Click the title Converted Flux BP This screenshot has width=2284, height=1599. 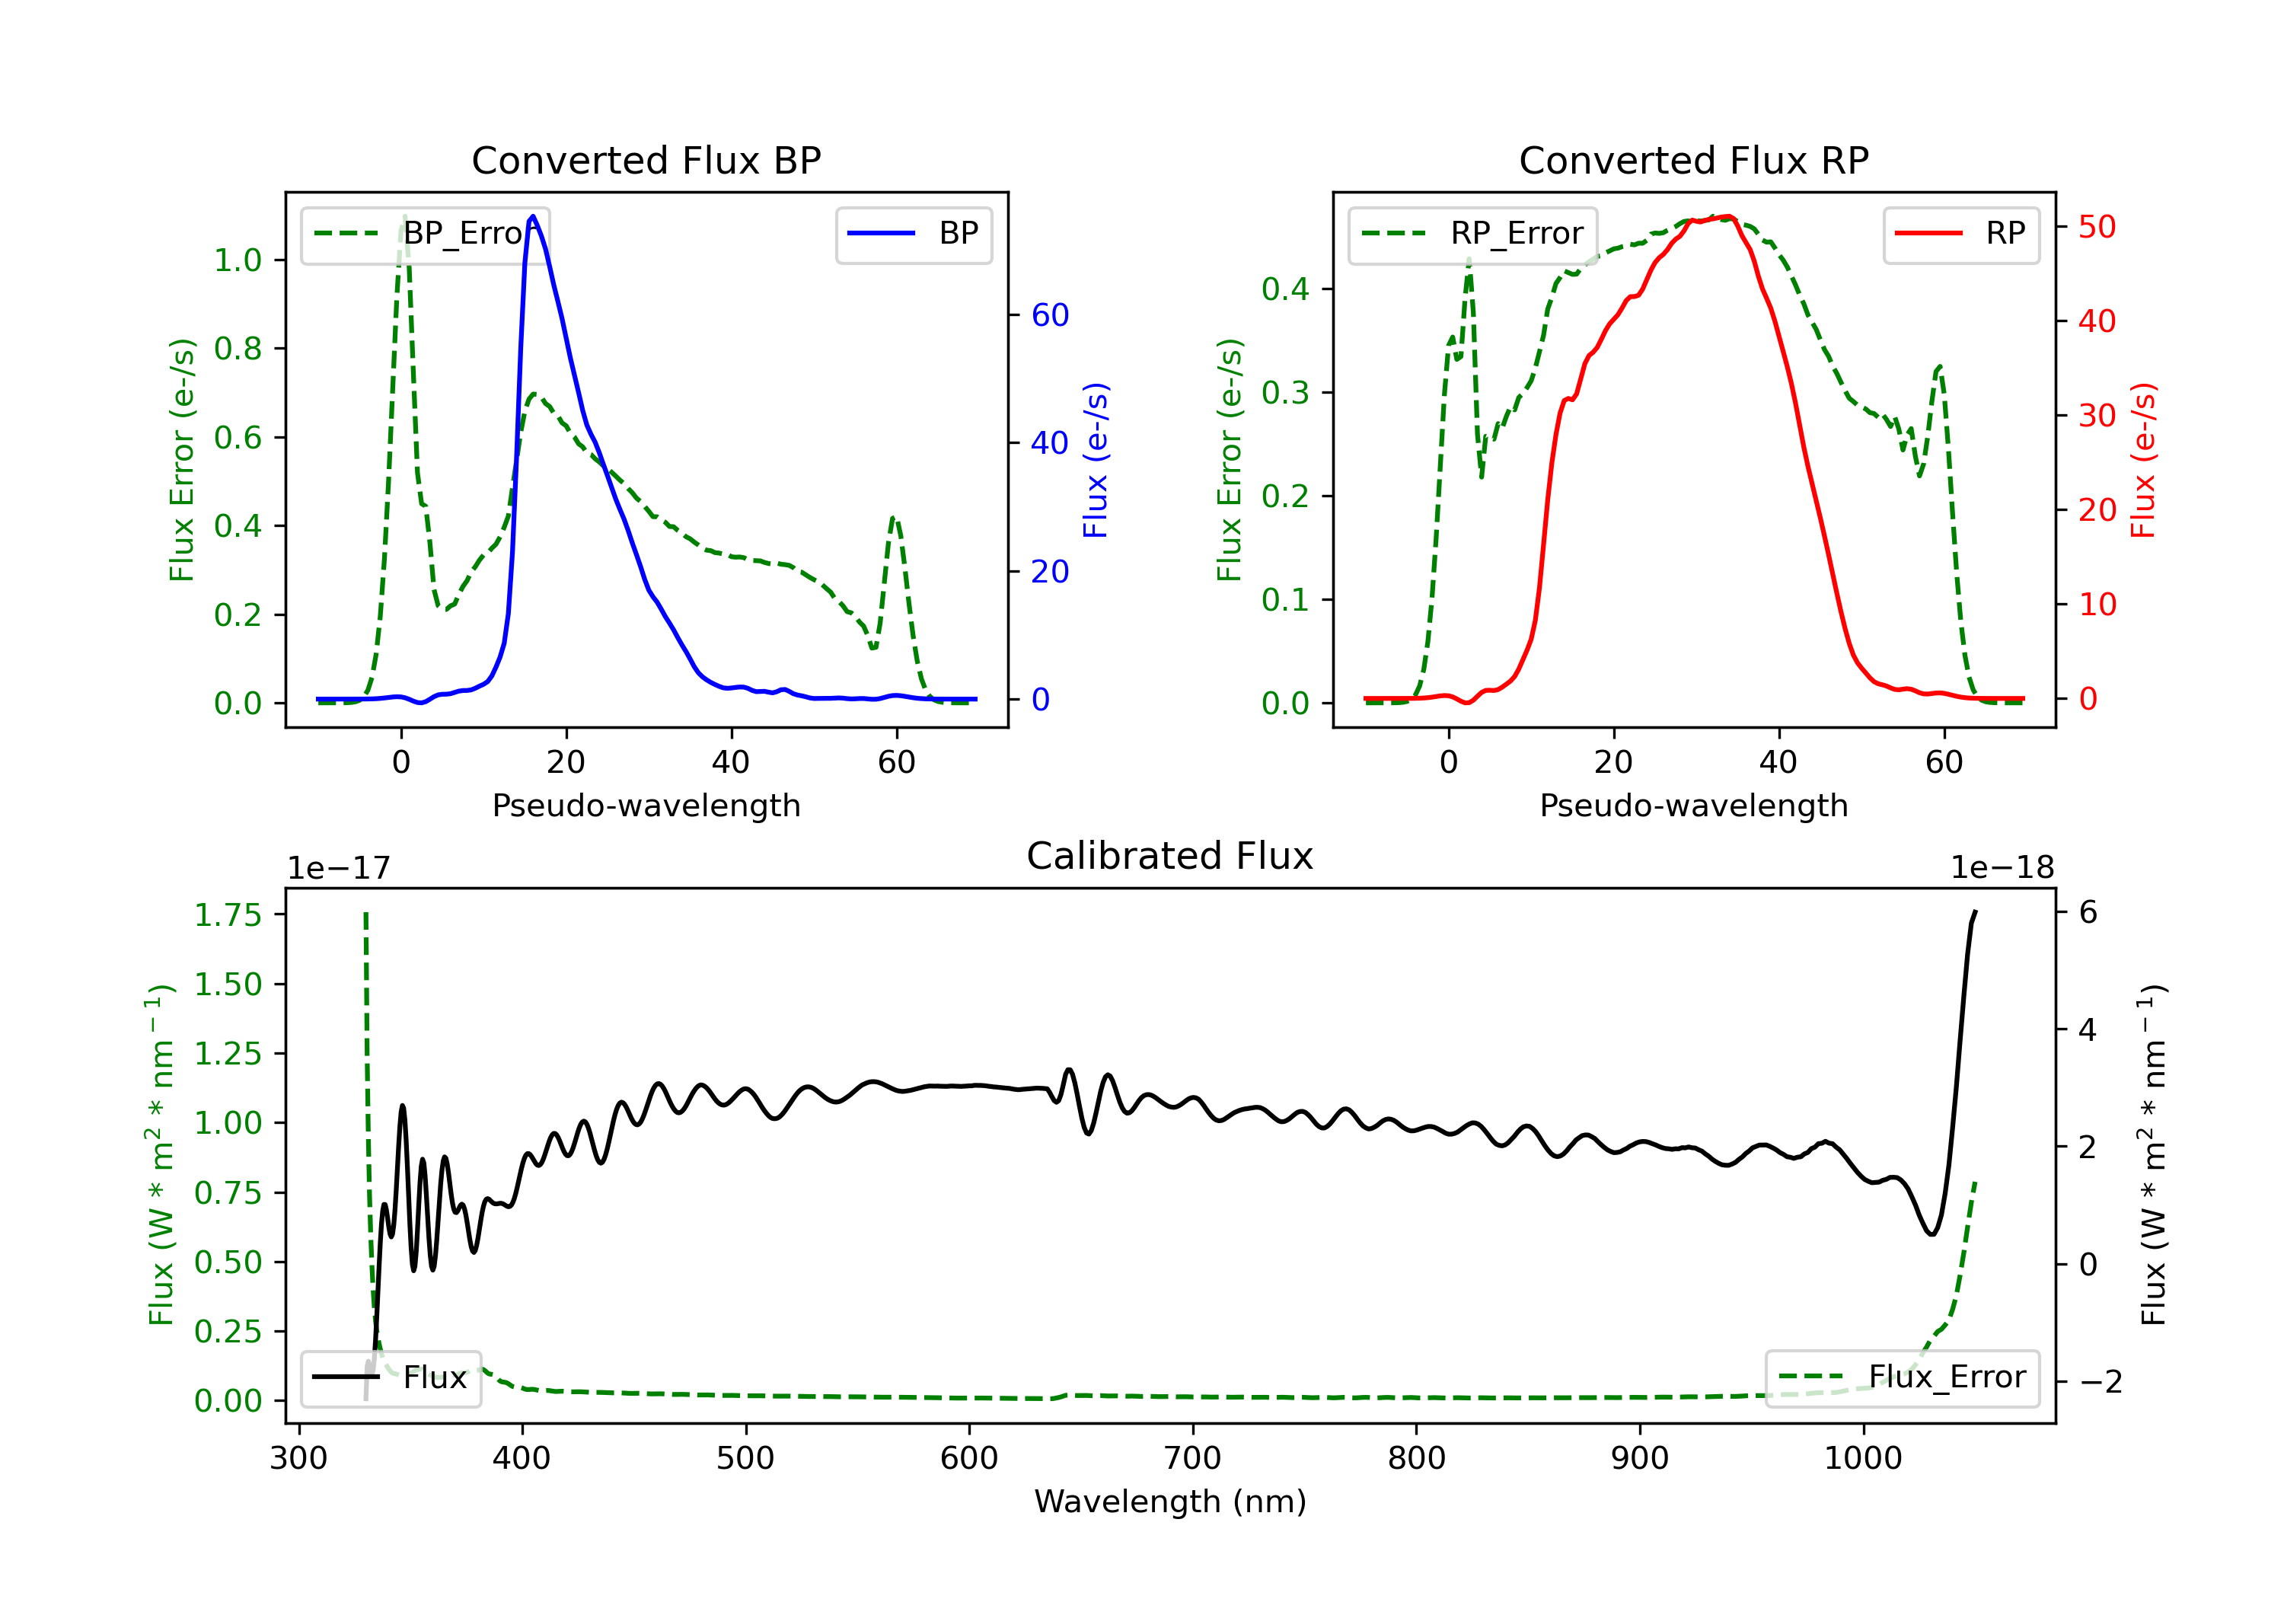[x=646, y=160]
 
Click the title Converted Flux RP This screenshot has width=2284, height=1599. [x=1694, y=160]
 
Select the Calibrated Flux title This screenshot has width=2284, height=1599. [x=1170, y=856]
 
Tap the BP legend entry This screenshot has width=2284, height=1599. [x=913, y=234]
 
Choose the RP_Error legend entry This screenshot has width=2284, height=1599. [x=1472, y=234]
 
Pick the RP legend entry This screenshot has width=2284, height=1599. [x=1960, y=234]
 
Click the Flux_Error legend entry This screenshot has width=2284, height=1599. [x=1902, y=1377]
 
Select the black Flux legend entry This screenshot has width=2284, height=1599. [x=390, y=1377]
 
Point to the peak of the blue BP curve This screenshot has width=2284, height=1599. [x=533, y=216]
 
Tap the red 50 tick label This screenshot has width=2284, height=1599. [x=2097, y=227]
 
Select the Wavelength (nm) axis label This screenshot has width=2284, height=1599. [x=1170, y=1501]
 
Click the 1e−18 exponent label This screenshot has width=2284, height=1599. [x=2002, y=868]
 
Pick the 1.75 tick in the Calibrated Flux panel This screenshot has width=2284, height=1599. [x=228, y=914]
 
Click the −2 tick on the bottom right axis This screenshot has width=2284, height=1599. [x=2100, y=1381]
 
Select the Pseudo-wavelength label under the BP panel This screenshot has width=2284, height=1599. [x=646, y=805]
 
